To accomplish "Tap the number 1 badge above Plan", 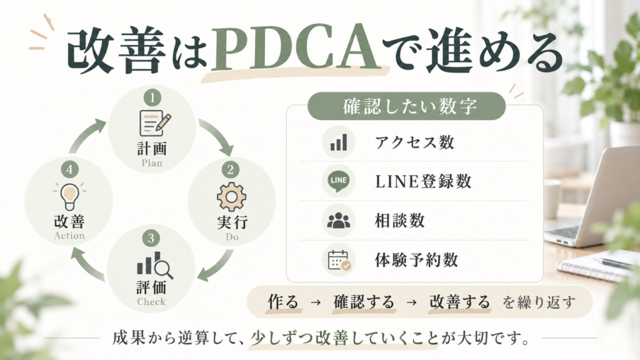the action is click(152, 98).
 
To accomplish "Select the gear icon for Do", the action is click(231, 197).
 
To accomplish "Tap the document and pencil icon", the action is click(155, 123).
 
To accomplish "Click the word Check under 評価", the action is click(151, 302).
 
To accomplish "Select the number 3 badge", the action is click(151, 238).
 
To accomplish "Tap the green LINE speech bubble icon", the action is click(339, 181).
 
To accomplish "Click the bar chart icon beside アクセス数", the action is click(339, 142).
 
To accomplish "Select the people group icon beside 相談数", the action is click(339, 221).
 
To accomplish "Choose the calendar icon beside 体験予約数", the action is click(339, 260).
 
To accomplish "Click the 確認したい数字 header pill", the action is click(406, 106).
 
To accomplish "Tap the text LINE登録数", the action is click(423, 181).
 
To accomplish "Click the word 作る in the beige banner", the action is click(283, 302).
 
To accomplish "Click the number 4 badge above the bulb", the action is click(69, 169).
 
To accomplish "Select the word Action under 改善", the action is click(69, 236).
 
